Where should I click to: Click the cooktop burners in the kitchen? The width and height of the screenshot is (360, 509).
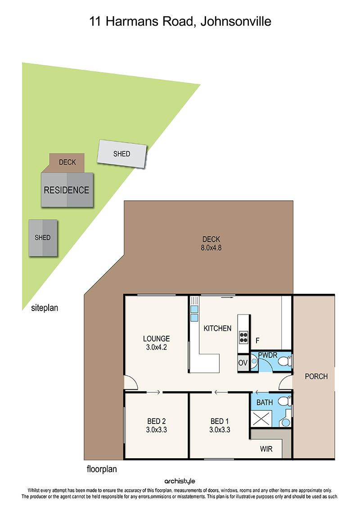(x=243, y=337)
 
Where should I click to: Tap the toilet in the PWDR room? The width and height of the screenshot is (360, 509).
(x=284, y=361)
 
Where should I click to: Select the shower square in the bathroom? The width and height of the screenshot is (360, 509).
(x=261, y=419)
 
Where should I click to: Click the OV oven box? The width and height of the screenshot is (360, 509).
(x=243, y=363)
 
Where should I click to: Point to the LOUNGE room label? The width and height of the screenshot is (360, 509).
(x=157, y=338)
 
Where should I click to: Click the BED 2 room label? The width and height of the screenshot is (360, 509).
(x=157, y=421)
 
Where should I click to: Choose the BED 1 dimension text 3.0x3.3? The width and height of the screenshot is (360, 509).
(x=220, y=430)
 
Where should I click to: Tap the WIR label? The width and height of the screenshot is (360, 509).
(x=266, y=449)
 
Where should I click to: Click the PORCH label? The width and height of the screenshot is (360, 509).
(x=316, y=376)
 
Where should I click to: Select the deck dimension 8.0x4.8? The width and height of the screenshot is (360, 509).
(x=211, y=248)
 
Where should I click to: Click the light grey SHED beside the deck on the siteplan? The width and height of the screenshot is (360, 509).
(x=122, y=154)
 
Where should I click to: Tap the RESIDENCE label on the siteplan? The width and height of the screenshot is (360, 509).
(x=67, y=190)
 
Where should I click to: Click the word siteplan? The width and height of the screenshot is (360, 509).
(x=45, y=308)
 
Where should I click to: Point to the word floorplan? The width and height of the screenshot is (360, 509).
(x=102, y=469)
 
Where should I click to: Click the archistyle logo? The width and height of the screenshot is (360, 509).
(x=180, y=481)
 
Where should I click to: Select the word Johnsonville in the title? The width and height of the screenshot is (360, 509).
(x=236, y=22)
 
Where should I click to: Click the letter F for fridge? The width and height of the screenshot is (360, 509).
(x=257, y=341)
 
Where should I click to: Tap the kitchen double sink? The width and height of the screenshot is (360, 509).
(x=194, y=313)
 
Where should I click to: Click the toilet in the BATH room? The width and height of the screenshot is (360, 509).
(x=285, y=401)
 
